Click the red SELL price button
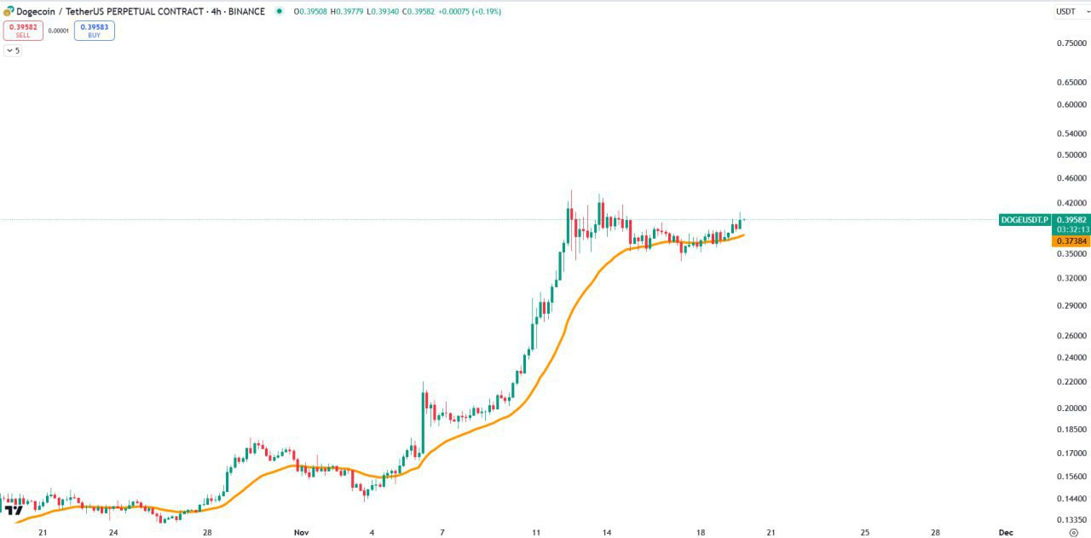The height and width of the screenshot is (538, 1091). (23, 31)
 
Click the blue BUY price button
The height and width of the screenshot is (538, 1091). (94, 31)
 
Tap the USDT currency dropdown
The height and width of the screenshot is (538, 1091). (1066, 11)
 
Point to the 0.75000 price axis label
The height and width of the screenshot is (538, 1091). (1071, 43)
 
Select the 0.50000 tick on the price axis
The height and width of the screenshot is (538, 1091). (1071, 155)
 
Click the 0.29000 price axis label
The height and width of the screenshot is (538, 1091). (1071, 305)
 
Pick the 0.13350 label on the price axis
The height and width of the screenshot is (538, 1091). (1071, 519)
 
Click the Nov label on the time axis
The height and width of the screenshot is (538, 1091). (301, 532)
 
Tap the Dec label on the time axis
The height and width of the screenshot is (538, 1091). (1006, 532)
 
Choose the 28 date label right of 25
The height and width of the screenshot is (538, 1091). (935, 532)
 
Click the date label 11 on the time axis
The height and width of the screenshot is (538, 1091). (536, 532)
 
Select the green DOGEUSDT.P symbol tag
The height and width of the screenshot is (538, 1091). (1025, 220)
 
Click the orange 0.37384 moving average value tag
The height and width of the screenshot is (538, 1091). (1071, 241)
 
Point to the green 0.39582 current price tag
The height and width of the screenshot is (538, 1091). (1071, 220)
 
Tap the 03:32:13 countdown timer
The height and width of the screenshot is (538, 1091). (1071, 230)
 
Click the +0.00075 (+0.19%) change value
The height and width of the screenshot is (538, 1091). (470, 12)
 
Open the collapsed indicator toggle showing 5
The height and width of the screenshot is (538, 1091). (13, 50)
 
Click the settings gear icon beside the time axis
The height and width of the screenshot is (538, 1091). (1073, 532)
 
